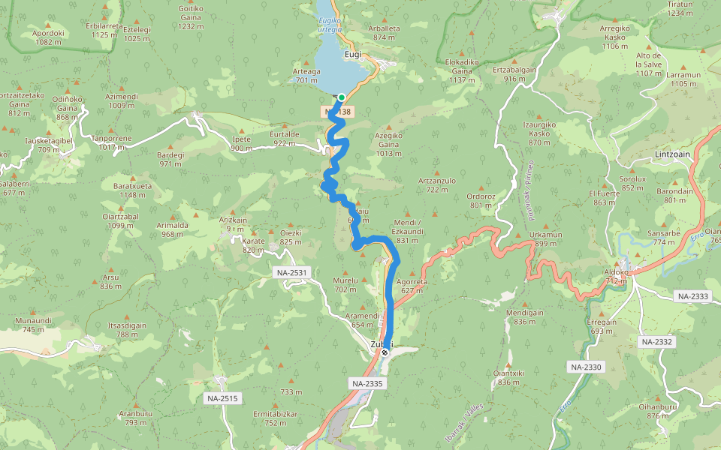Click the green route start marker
[341, 97]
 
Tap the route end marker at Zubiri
[385, 352]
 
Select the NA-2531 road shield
[291, 273]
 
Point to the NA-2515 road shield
[222, 398]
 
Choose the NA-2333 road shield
[692, 296]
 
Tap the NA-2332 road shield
[657, 341]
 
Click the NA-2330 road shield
[586, 367]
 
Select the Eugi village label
[353, 55]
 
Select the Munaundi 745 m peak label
[33, 325]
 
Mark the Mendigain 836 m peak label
[525, 316]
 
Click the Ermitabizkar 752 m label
[276, 418]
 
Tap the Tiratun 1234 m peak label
[680, 8]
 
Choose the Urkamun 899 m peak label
[545, 238]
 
